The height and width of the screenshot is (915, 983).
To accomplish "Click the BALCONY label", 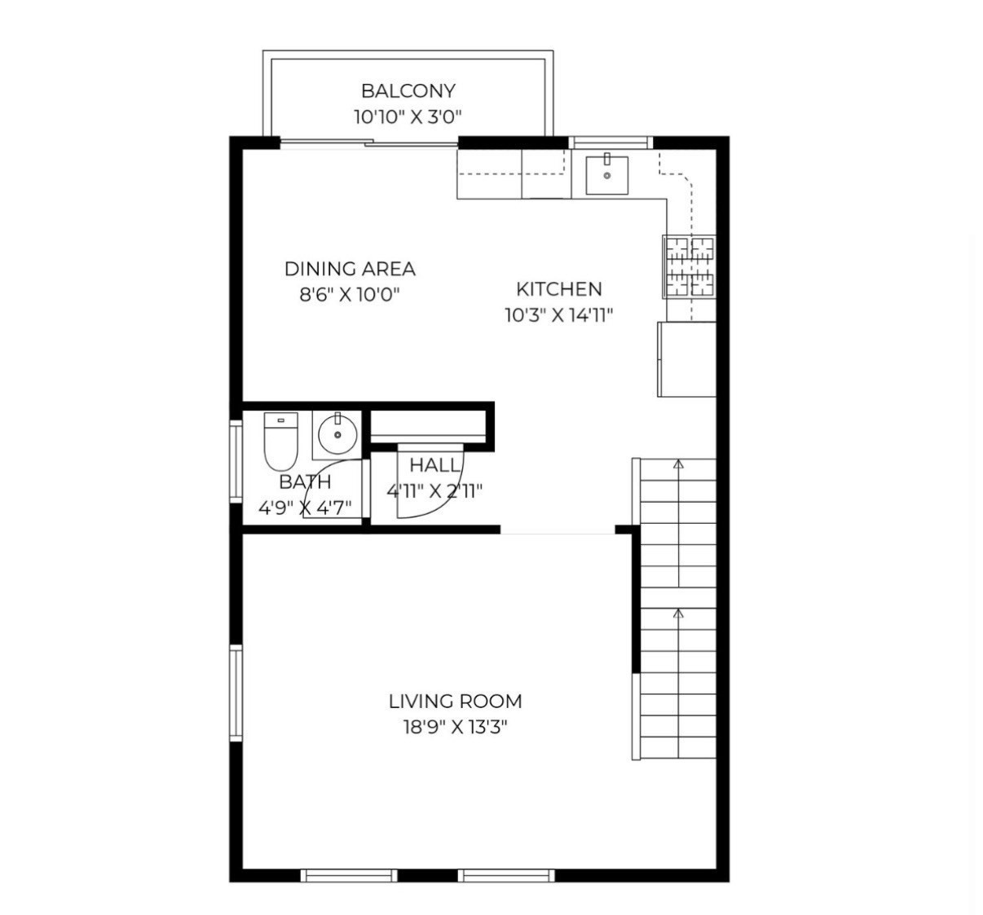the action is tap(408, 91).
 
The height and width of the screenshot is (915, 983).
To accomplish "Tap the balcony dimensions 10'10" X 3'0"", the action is tap(408, 117).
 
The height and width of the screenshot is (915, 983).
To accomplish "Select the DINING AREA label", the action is tap(350, 269).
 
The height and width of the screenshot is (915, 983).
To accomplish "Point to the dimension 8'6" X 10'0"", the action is tap(350, 295).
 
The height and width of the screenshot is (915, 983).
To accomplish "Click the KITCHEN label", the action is tap(559, 289).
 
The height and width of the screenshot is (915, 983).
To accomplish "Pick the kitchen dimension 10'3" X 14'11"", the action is tap(559, 315).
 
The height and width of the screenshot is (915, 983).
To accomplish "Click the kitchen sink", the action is tap(606, 175).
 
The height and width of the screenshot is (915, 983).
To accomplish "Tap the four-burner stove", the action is tap(690, 266).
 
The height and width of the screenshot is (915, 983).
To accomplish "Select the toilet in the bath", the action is tap(281, 441).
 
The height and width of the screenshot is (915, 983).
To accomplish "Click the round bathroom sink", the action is tap(337, 434).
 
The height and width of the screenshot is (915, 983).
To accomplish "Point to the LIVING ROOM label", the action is tap(456, 702).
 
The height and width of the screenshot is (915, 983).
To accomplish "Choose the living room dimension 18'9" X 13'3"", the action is tap(456, 728).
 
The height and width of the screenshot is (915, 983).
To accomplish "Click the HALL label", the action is tap(435, 465).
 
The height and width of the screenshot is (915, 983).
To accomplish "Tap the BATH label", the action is tap(305, 482).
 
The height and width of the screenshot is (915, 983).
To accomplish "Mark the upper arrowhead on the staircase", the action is tap(679, 464).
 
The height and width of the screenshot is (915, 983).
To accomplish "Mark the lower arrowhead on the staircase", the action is tap(679, 614).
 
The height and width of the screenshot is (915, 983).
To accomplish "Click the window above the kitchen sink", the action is tap(611, 143).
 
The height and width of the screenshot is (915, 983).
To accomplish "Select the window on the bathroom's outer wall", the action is tap(236, 462).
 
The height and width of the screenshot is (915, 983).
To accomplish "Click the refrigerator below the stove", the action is tap(687, 359).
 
